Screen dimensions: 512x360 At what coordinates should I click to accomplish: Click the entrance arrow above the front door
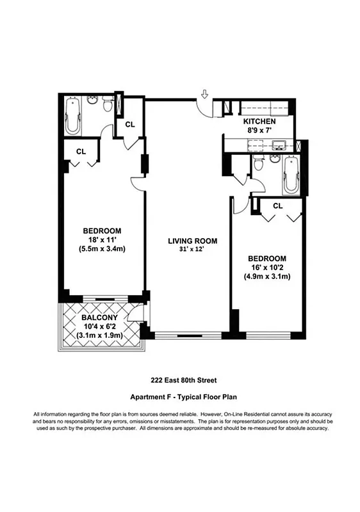[x=204, y=95]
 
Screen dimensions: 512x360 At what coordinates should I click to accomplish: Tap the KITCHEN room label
[x=259, y=121]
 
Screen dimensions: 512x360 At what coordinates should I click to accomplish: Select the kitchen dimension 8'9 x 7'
[x=259, y=131]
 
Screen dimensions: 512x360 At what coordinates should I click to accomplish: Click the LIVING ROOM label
[x=193, y=241]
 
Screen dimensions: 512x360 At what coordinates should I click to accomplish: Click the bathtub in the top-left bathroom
[x=72, y=115]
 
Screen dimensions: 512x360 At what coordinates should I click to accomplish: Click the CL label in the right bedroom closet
[x=277, y=206]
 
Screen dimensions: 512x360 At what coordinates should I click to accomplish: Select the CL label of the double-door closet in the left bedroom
[x=81, y=152]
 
